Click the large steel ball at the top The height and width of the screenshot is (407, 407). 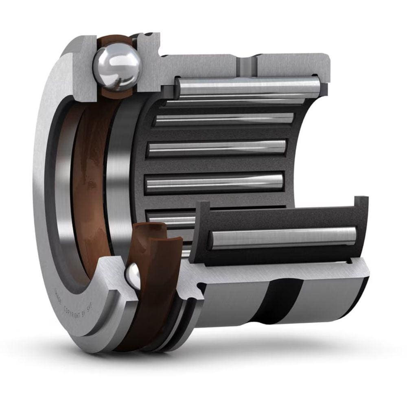tap(117, 67)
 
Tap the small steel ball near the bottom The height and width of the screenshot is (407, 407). tap(133, 276)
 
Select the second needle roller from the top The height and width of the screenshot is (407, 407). tap(224, 118)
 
